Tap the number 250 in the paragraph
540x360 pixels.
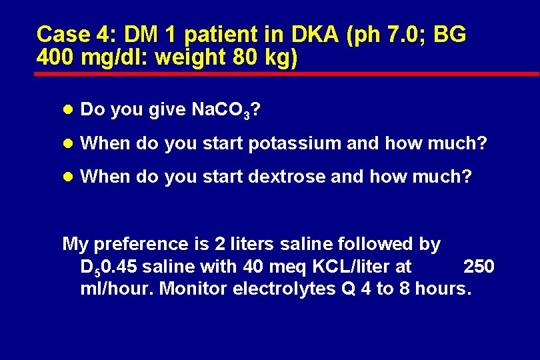click(x=479, y=267)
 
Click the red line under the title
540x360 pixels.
click(x=287, y=73)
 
